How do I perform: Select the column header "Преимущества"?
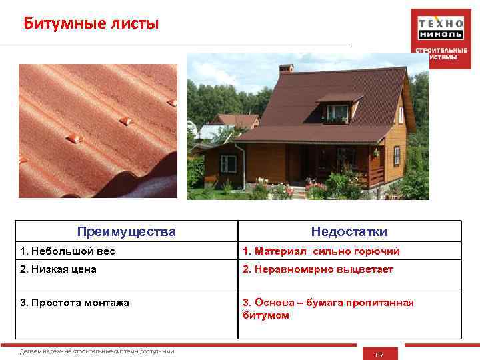pos(127,232)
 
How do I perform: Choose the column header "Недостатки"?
pos(349,232)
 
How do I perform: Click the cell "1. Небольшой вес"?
pos(67,251)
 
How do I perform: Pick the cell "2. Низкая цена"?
pos(59,269)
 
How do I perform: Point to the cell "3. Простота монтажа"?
pos(75,303)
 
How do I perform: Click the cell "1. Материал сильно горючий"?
pos(321,251)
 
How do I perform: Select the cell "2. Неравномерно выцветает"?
pos(317,269)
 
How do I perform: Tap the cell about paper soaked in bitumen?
pos(328,309)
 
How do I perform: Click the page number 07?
pos(379,355)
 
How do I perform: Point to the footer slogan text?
pos(97,351)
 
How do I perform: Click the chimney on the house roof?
pos(285,68)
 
